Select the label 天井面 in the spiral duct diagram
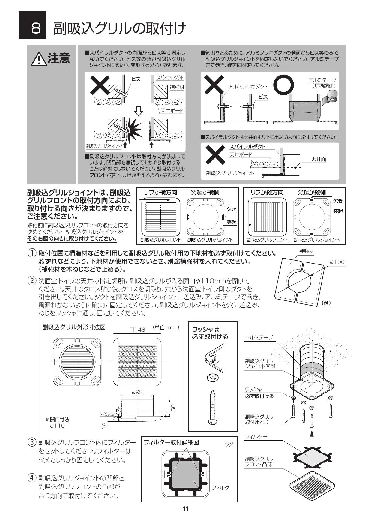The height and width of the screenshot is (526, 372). pos(319,159)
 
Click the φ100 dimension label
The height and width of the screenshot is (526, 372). pos(337,262)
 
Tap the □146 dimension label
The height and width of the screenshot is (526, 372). pos(137,330)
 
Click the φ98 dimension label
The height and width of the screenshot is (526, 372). pos(137,392)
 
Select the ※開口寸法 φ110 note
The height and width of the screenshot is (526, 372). pos(57,423)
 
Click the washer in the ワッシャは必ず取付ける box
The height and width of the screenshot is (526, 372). pos(212,377)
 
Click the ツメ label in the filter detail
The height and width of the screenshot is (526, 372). pos(229,444)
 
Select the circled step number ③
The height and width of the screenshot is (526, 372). pos(32,442)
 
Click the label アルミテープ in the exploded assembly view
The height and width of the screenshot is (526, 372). pos(259,338)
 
